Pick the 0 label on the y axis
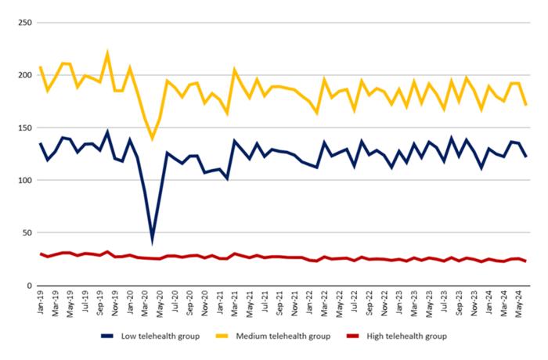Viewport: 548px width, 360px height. tap(27, 285)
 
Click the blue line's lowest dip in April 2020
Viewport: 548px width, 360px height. tap(153, 241)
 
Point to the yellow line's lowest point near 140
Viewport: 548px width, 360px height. tap(153, 139)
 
